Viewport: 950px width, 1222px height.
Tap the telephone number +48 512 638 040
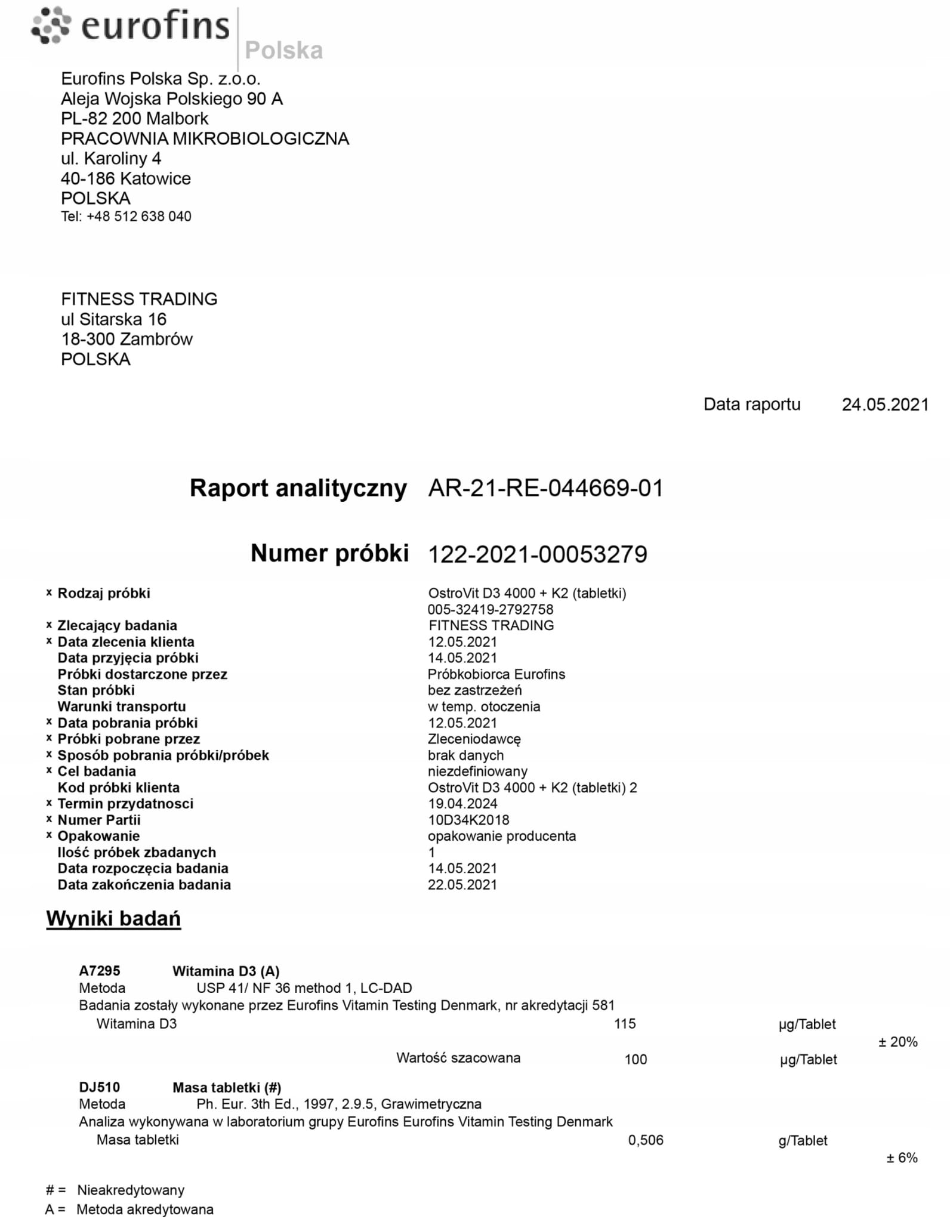click(x=138, y=217)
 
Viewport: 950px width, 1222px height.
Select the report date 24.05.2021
click(x=885, y=405)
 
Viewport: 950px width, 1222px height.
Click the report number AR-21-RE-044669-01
click(x=545, y=489)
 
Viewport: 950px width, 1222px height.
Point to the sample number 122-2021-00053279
click(x=537, y=554)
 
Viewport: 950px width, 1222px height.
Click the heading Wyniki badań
click(x=113, y=918)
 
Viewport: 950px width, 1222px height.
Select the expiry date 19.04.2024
click(x=462, y=804)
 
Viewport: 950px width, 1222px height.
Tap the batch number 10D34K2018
click(x=468, y=820)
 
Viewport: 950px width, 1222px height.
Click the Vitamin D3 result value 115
click(x=625, y=1024)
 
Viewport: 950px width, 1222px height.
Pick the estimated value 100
click(x=636, y=1059)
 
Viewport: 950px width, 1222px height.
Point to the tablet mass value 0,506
click(x=646, y=1140)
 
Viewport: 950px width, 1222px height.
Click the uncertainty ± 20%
click(x=897, y=1042)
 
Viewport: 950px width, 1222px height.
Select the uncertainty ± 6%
click(x=902, y=1158)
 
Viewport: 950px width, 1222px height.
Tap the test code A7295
click(x=100, y=971)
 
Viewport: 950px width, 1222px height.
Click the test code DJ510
click(x=99, y=1087)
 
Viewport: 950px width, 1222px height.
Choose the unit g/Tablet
click(x=803, y=1141)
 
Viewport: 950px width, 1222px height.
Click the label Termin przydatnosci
click(x=125, y=804)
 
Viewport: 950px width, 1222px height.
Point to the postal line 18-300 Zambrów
click(x=127, y=339)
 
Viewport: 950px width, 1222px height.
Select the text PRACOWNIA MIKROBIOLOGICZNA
click(x=205, y=138)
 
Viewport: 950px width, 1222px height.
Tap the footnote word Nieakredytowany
click(x=131, y=1190)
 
